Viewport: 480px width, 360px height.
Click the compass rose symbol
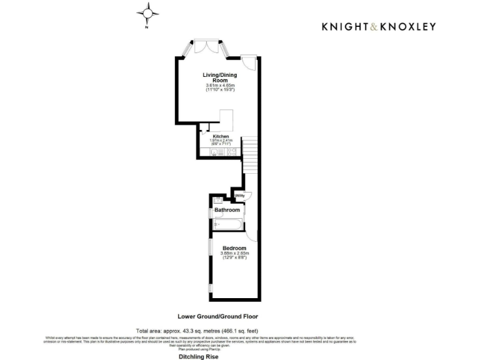click(147, 12)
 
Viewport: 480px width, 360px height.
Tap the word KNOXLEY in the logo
click(410, 26)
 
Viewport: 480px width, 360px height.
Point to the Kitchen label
click(221, 136)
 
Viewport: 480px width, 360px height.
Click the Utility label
click(239, 196)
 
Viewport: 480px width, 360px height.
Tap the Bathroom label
click(227, 210)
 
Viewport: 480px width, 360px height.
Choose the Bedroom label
click(234, 248)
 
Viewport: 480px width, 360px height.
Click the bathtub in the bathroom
click(227, 224)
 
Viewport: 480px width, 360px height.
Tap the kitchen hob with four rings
click(231, 152)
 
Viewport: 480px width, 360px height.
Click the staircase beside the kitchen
click(249, 150)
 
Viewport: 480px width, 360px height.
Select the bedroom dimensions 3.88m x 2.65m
click(234, 253)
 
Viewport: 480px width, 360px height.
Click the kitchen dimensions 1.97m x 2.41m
click(221, 141)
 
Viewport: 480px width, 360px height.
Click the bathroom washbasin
click(219, 199)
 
